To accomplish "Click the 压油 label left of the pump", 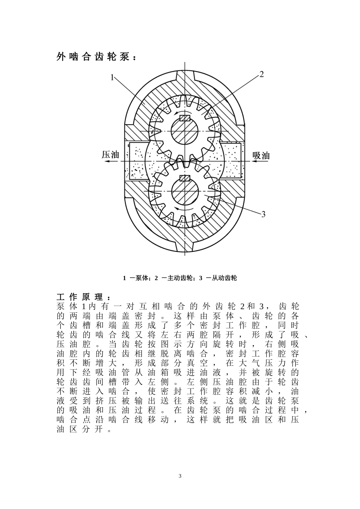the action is (110, 155).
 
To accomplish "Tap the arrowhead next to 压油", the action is (108, 161).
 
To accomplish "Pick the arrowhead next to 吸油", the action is (252, 161).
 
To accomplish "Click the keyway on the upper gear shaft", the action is (185, 118).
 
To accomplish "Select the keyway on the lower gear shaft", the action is (185, 179).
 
